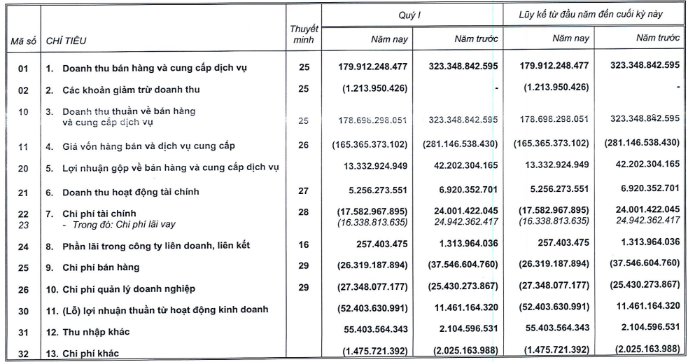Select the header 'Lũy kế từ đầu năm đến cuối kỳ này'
[591, 13]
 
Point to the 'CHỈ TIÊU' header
[66, 41]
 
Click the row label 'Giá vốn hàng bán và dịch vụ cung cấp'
[148, 146]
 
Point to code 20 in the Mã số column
[22, 168]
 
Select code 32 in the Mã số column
[22, 354]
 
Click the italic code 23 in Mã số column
[22, 225]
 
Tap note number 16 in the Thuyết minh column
[303, 245]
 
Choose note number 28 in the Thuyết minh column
[303, 213]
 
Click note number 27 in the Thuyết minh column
[303, 192]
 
